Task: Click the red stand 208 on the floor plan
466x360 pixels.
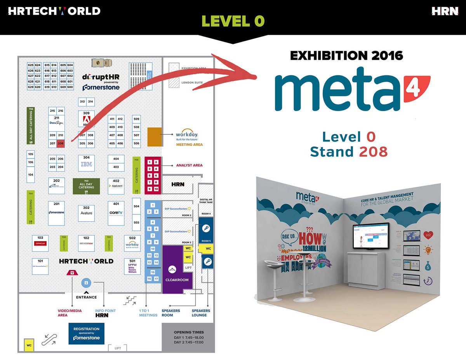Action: pyautogui.click(x=61, y=143)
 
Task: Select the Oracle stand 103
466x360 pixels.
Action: pyautogui.click(x=40, y=242)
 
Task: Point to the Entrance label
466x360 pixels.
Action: pyautogui.click(x=87, y=297)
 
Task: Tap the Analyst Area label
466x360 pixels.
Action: pyautogui.click(x=189, y=165)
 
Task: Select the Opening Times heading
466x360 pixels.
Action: pyautogui.click(x=188, y=332)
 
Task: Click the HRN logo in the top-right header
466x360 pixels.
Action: pyautogui.click(x=445, y=11)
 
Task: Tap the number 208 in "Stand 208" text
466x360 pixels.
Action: pyautogui.click(x=373, y=151)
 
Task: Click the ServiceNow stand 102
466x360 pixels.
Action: pyautogui.click(x=86, y=242)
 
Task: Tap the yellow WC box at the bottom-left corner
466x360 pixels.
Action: pyautogui.click(x=29, y=345)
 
